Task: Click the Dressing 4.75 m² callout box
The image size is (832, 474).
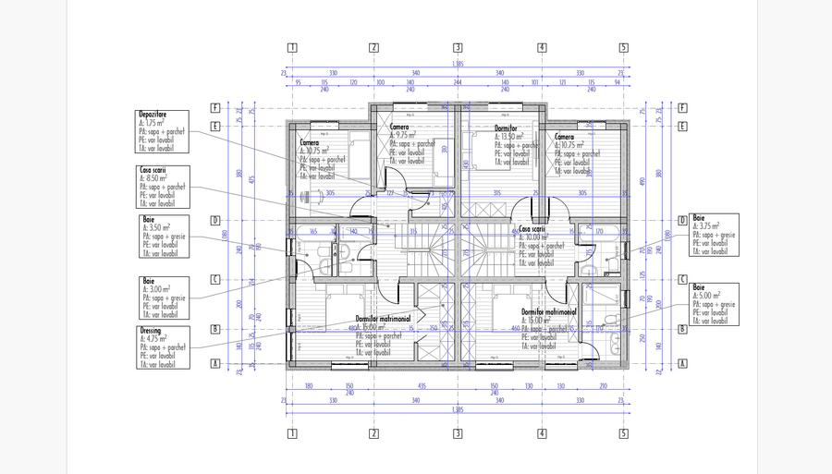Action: [162, 347]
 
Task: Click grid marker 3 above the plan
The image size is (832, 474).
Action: [457, 47]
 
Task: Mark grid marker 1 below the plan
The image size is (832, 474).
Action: [291, 432]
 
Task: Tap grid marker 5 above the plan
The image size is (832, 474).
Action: [623, 47]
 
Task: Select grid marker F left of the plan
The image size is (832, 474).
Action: [214, 107]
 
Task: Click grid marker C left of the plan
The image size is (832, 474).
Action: [214, 278]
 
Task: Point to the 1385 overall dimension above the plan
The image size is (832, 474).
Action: [458, 64]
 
